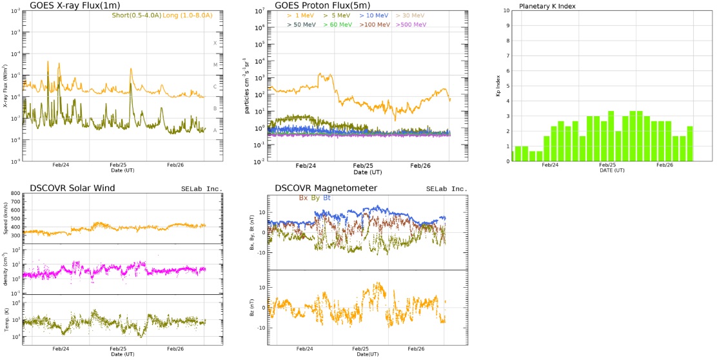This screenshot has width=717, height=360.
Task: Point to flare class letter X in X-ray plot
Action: click(215, 43)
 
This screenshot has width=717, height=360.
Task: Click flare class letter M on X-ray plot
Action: click(215, 65)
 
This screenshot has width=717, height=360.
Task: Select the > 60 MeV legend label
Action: click(337, 25)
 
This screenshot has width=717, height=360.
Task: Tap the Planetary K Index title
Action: click(547, 6)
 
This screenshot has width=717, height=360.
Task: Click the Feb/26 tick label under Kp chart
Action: click(665, 165)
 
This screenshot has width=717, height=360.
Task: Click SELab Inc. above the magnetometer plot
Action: click(445, 188)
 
